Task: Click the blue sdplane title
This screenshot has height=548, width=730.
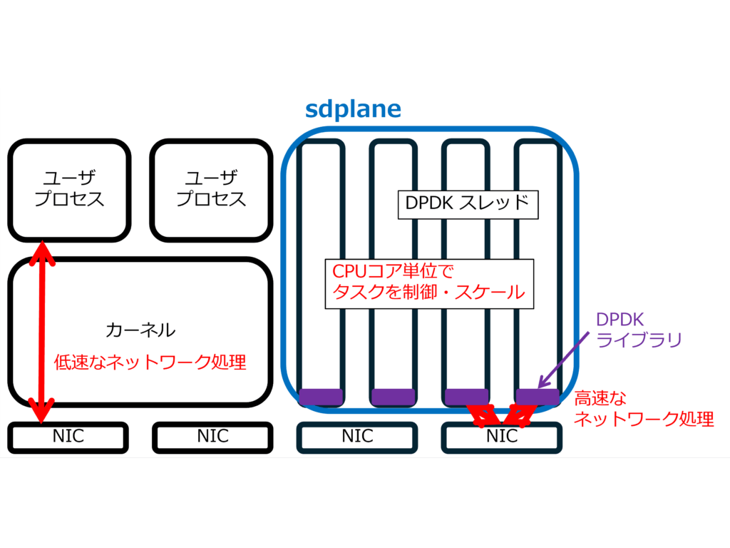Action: click(x=353, y=109)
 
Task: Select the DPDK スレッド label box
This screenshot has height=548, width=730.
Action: click(x=467, y=203)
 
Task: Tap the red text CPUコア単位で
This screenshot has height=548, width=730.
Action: click(x=394, y=271)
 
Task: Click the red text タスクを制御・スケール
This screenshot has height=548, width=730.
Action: click(x=429, y=292)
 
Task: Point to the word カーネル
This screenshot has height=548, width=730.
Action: click(x=140, y=330)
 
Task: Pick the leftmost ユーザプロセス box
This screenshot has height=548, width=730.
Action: click(x=69, y=188)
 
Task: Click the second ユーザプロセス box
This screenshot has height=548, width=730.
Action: click(x=211, y=188)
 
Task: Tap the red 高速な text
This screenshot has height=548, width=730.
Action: click(x=600, y=400)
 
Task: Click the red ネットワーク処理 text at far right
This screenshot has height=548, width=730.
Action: click(x=644, y=420)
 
